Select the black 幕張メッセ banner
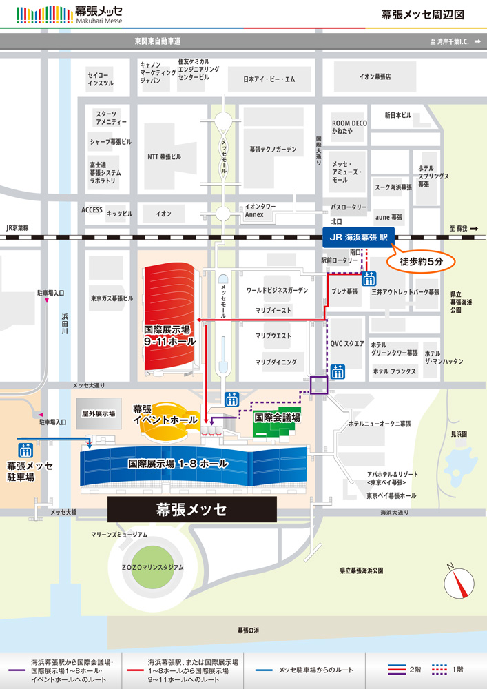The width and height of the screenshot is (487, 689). pos(192,510)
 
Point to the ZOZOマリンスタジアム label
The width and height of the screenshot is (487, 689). pos(153,568)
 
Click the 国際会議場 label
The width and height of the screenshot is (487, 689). pos(278,417)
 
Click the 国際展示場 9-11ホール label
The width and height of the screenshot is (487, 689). pos(170,335)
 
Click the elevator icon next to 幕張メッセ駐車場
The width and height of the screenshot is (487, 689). pos(26,451)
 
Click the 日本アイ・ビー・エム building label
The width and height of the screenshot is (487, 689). pos(269,79)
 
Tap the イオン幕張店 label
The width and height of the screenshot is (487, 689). pos(375,76)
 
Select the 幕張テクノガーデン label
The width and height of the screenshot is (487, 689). pos(273,149)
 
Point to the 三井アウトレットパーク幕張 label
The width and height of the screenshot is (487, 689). pos(405,292)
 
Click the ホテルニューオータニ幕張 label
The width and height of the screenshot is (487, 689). pos(380,424)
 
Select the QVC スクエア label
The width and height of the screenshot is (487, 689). pos(347,343)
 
